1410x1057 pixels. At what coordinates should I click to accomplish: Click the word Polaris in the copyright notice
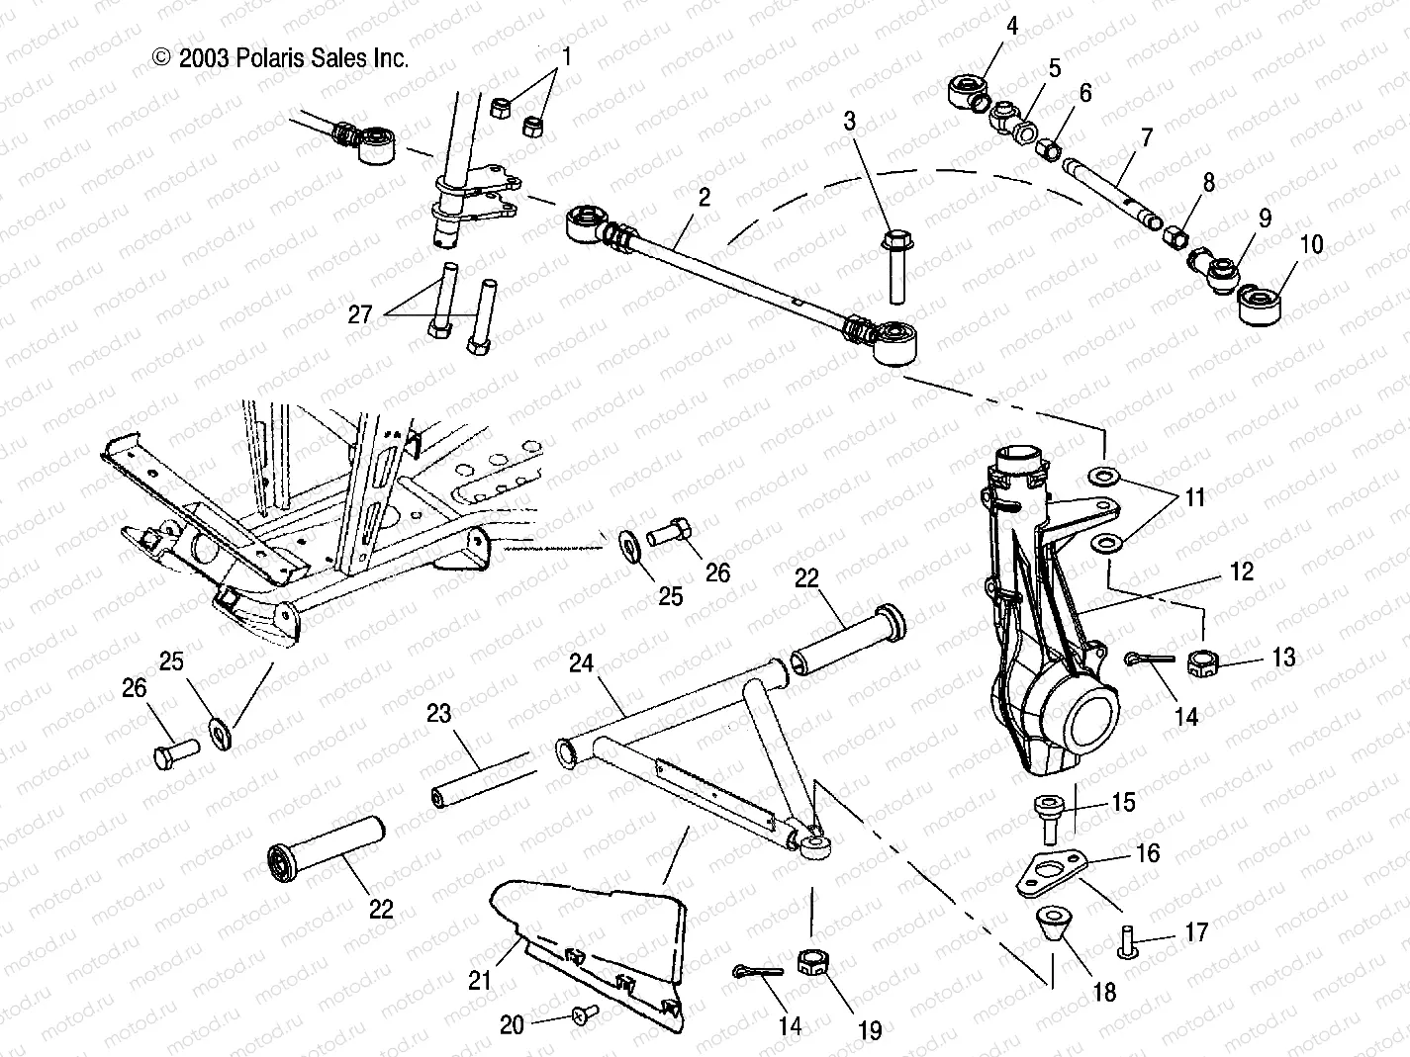point(268,59)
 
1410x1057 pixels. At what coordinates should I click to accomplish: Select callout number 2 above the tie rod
point(704,198)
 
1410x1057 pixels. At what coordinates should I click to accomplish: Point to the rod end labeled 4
point(969,94)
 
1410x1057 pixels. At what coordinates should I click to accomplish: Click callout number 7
point(1147,137)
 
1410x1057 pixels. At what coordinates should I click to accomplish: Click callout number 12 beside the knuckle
point(1242,572)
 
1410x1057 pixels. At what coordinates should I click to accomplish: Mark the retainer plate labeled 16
point(1053,870)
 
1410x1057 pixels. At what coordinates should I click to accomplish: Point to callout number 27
point(361,314)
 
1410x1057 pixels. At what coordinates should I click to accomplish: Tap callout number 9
point(1265,218)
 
